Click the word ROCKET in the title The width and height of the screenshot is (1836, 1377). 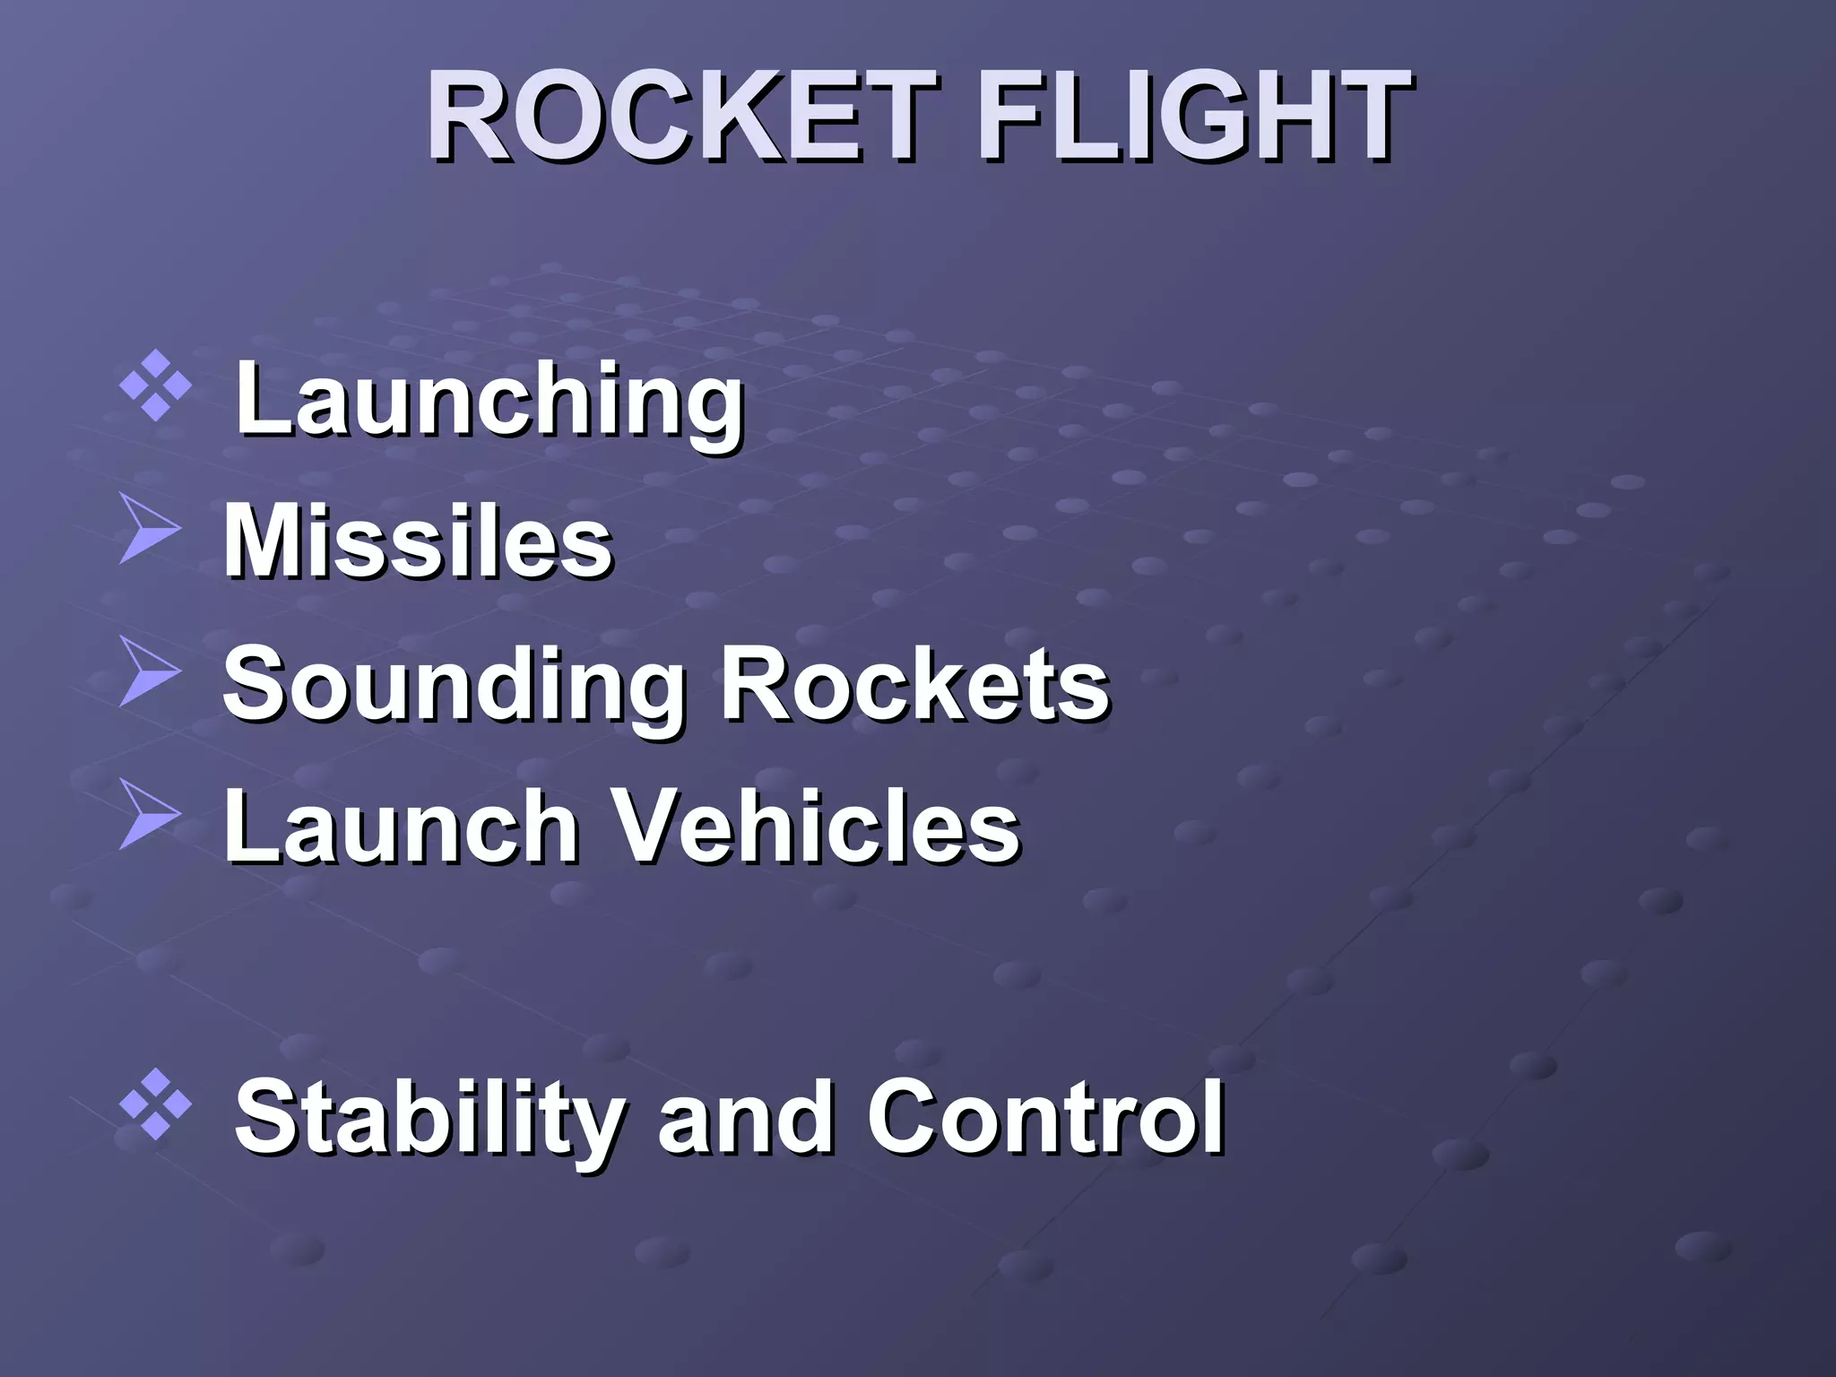tap(681, 117)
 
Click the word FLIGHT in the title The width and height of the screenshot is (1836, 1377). tap(1192, 117)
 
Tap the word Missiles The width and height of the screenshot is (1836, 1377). tap(417, 542)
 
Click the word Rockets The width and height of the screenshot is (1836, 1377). tap(914, 686)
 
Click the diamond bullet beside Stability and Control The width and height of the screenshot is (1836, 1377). tap(155, 1104)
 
